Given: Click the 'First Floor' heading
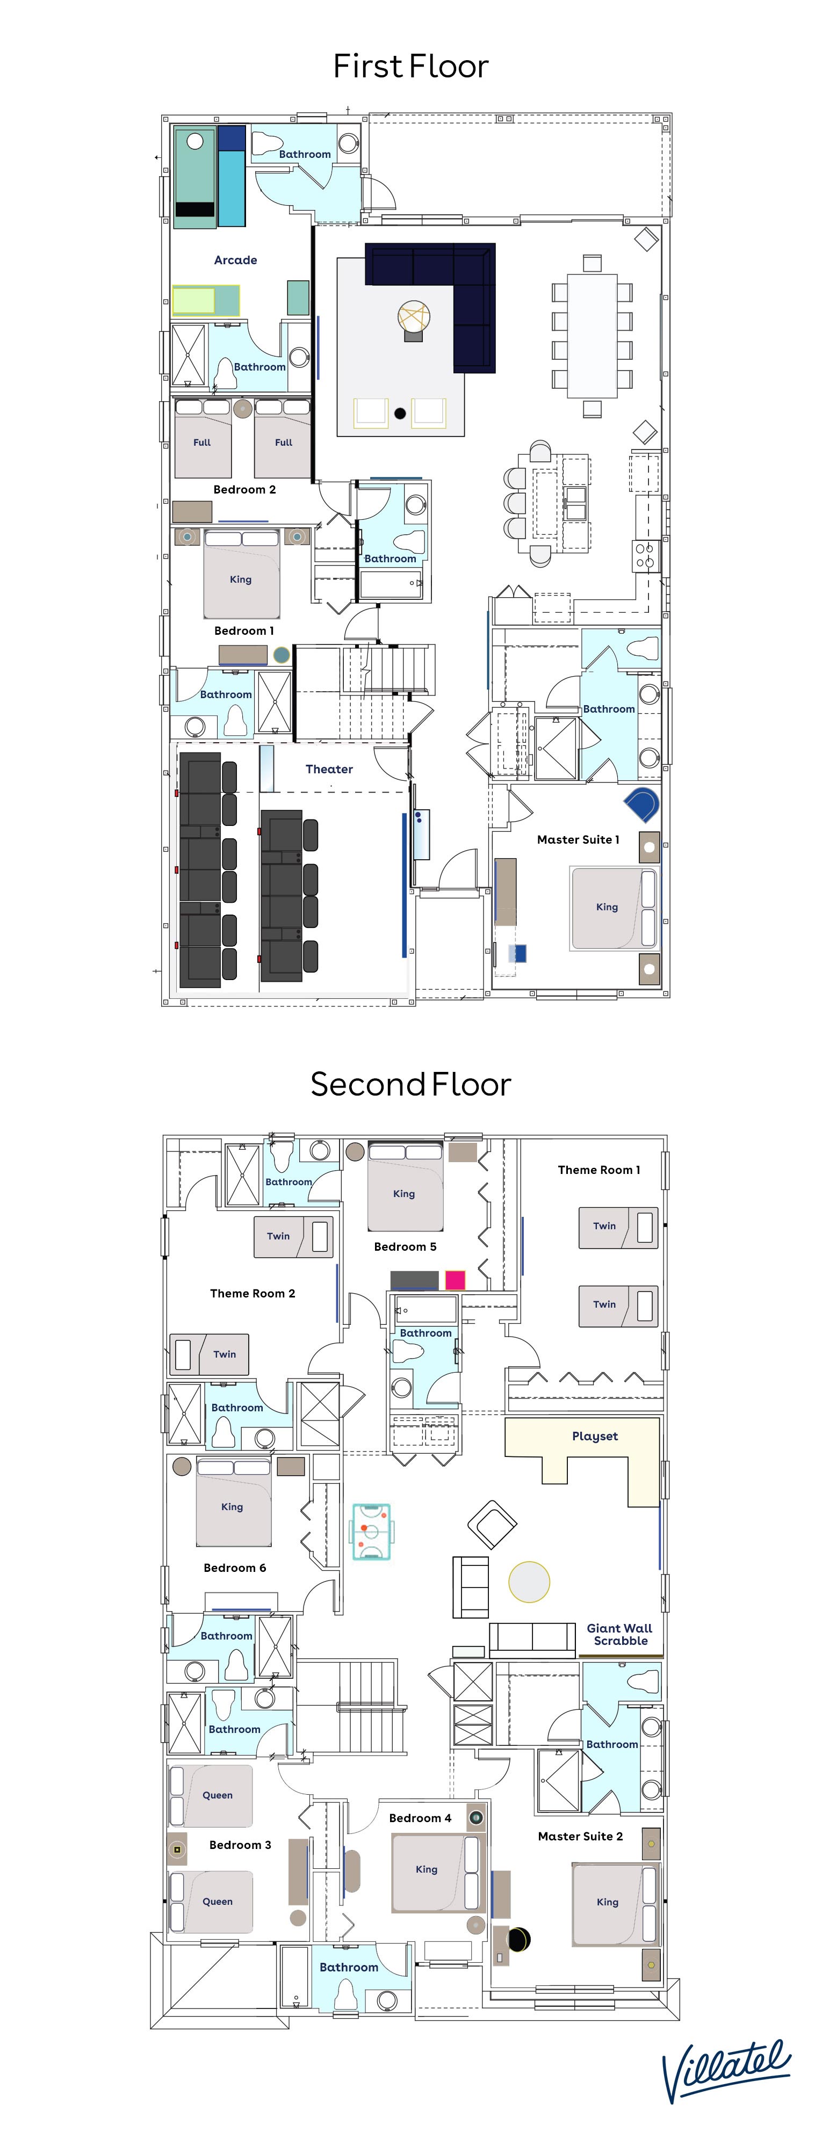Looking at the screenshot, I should (x=410, y=66).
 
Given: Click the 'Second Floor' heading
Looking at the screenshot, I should (x=410, y=1084).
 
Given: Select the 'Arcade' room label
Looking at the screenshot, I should (x=235, y=260).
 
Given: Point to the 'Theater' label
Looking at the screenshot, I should (x=329, y=769).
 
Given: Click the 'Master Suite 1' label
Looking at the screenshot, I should (x=578, y=839).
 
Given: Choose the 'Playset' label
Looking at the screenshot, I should (x=594, y=1436).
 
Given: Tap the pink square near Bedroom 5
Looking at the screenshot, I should (x=455, y=1280).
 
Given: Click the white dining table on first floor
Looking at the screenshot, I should (x=593, y=335).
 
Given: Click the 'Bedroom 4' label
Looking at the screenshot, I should (x=421, y=1817).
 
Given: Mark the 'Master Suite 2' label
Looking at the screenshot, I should (x=580, y=1836).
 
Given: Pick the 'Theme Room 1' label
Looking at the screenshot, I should (x=599, y=1170).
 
